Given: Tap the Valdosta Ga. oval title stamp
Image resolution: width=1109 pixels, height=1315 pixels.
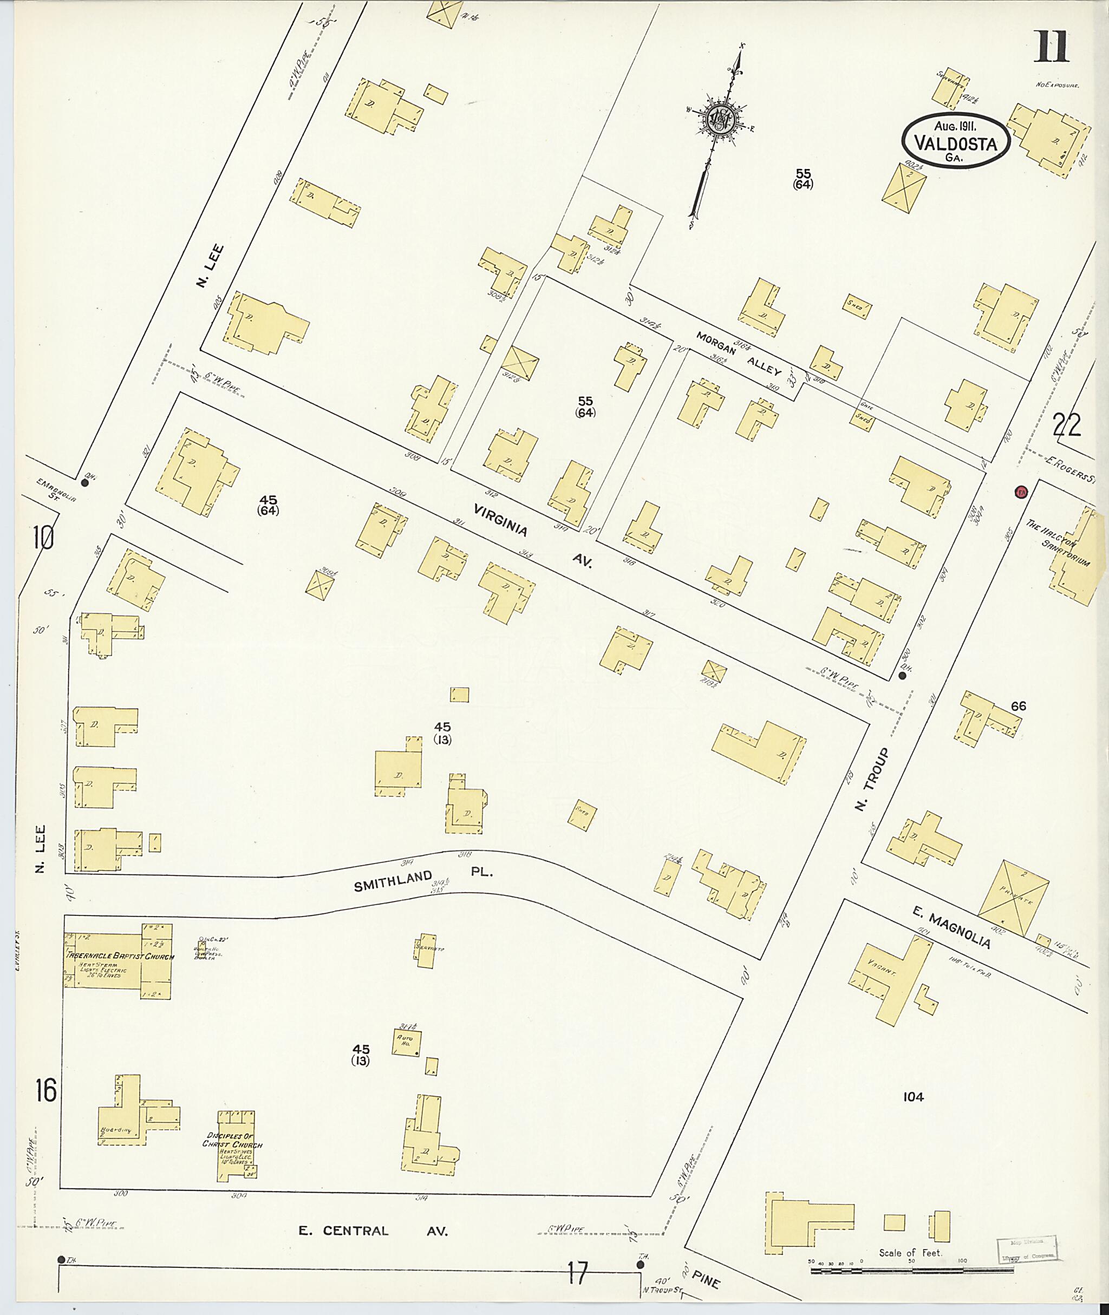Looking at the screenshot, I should tap(956, 142).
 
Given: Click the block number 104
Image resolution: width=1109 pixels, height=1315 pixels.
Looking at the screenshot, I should tap(913, 1097).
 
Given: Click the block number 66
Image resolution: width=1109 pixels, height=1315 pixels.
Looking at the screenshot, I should tap(1019, 706).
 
